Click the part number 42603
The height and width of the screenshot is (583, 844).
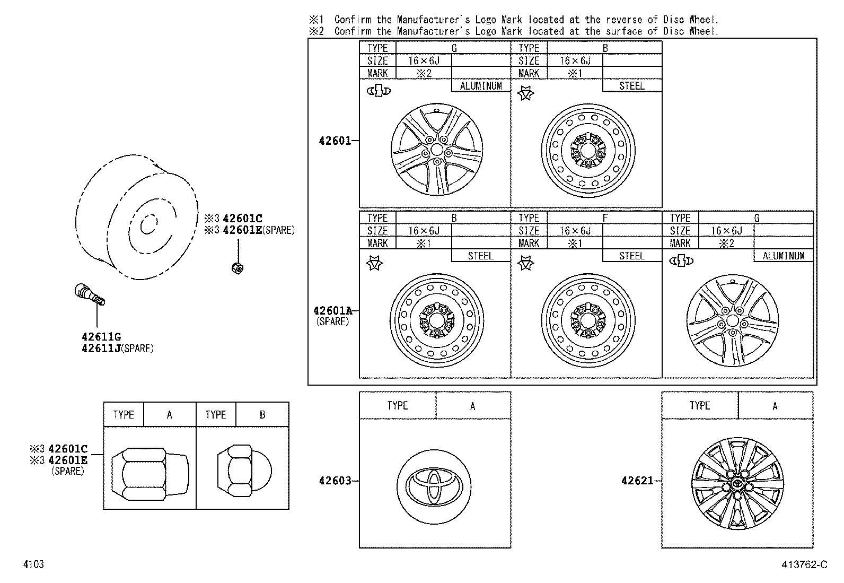(335, 481)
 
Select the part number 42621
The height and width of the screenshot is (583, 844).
(637, 481)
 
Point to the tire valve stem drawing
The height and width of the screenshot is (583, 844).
(89, 294)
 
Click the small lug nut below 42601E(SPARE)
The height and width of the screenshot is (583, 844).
(238, 268)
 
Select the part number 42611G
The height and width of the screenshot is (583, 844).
(101, 336)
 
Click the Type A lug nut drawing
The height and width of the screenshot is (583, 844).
(150, 472)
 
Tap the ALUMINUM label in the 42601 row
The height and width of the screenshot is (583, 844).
(480, 86)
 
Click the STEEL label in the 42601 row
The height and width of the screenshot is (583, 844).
(631, 86)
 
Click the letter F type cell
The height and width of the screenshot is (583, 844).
(605, 217)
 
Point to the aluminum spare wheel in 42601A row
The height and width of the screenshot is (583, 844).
(733, 321)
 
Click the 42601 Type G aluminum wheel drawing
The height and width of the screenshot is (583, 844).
(437, 151)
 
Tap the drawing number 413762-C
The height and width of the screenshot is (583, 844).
(804, 564)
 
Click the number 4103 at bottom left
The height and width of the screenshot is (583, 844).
(33, 564)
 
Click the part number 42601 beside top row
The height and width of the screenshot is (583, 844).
(335, 141)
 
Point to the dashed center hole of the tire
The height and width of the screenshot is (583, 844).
(148, 224)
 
